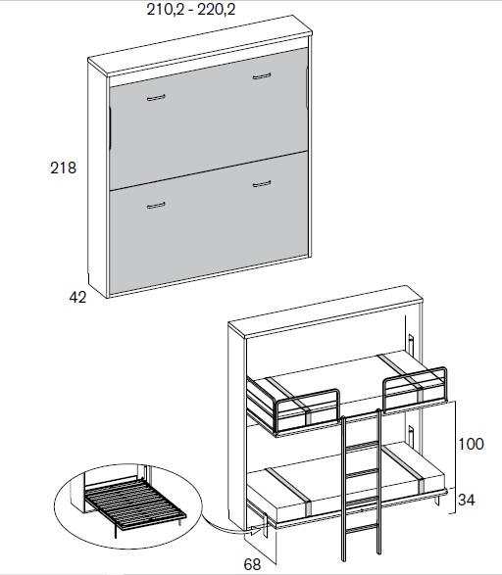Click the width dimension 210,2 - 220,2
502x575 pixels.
[x=191, y=9]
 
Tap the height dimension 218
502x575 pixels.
[x=63, y=168]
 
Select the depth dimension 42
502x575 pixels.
[x=77, y=297]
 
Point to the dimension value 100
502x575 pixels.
[x=472, y=444]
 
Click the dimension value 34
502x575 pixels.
[x=467, y=500]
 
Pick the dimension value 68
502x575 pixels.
[x=252, y=564]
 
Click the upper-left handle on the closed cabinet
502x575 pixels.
[x=156, y=98]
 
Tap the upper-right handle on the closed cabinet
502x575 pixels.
[x=262, y=76]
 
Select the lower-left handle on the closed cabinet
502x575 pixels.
[x=156, y=206]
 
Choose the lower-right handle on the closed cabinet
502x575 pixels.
[x=262, y=184]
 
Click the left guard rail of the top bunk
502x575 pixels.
[x=306, y=408]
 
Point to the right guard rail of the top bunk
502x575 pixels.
[x=415, y=388]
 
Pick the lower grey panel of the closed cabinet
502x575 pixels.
[x=209, y=224]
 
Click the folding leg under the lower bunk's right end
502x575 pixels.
[x=437, y=501]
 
